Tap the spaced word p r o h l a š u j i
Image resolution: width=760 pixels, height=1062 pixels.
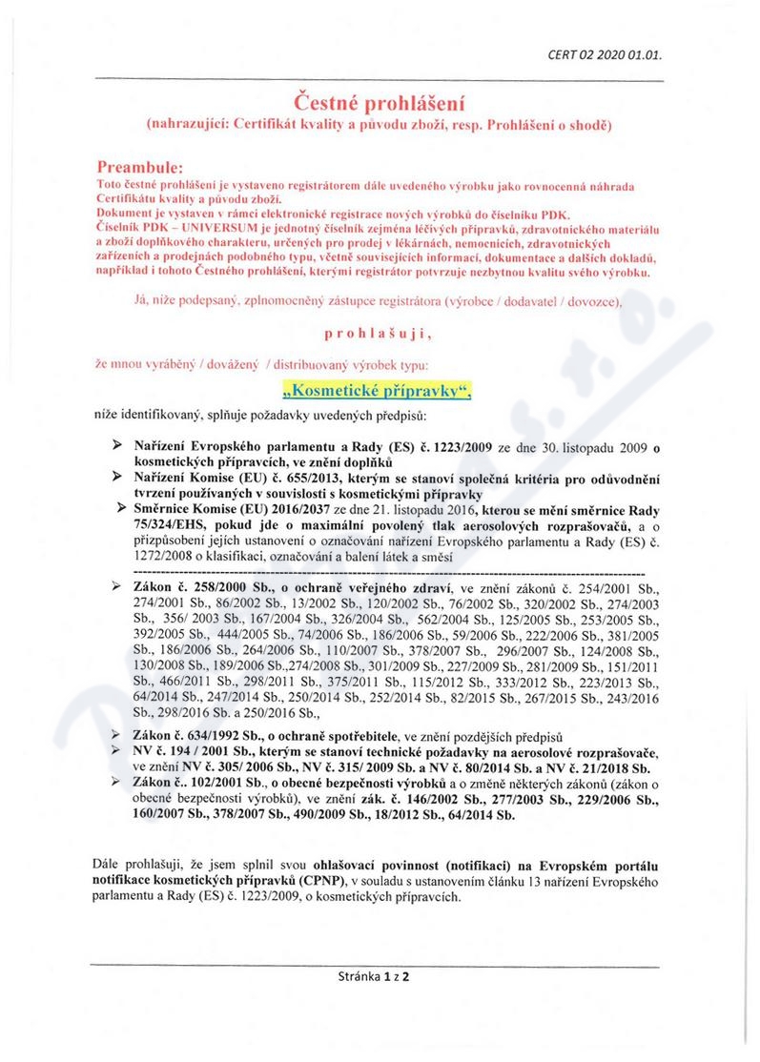pyautogui.click(x=379, y=335)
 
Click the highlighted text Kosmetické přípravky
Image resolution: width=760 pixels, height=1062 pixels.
pyautogui.click(x=379, y=390)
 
